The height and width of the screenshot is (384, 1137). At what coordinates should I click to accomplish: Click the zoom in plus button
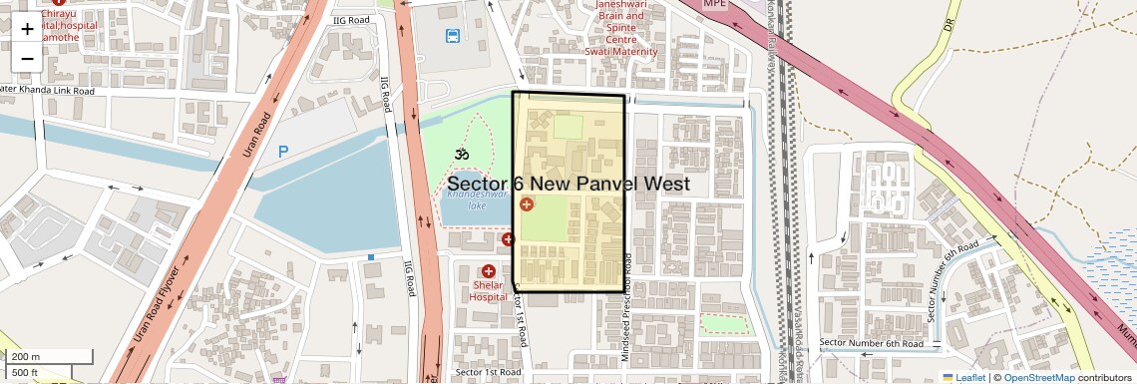(27, 28)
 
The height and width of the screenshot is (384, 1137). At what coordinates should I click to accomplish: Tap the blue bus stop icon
(453, 36)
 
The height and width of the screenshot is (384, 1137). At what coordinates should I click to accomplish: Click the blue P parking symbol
(283, 152)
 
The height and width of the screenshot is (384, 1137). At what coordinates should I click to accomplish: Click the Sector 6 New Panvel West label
(568, 185)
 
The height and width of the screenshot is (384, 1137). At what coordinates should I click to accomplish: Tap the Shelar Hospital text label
(489, 290)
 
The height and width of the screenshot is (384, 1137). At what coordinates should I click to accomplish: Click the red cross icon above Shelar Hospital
(489, 271)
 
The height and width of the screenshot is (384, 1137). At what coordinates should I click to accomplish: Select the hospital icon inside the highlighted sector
(526, 204)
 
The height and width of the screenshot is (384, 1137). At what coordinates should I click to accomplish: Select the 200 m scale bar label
(26, 357)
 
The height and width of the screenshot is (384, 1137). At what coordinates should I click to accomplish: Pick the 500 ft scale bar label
(26, 373)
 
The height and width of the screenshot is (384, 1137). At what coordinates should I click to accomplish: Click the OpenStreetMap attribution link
(1038, 377)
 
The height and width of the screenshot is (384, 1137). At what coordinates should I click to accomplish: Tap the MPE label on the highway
(715, 4)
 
